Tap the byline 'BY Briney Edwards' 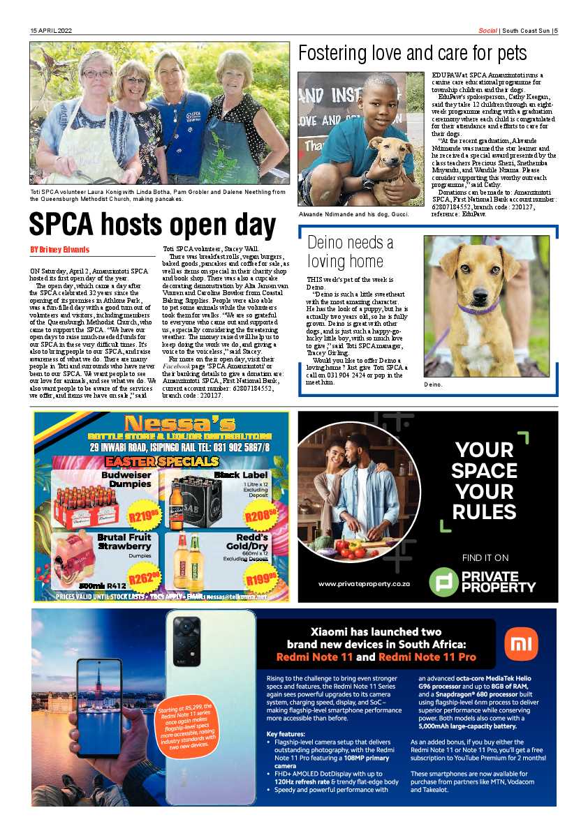[59, 249]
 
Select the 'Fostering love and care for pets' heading [412, 53]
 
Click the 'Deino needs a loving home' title [350, 252]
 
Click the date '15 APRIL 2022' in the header [51, 31]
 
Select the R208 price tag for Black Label [260, 516]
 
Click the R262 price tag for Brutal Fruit [144, 578]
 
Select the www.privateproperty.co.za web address [363, 583]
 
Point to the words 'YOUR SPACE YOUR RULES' [484, 481]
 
